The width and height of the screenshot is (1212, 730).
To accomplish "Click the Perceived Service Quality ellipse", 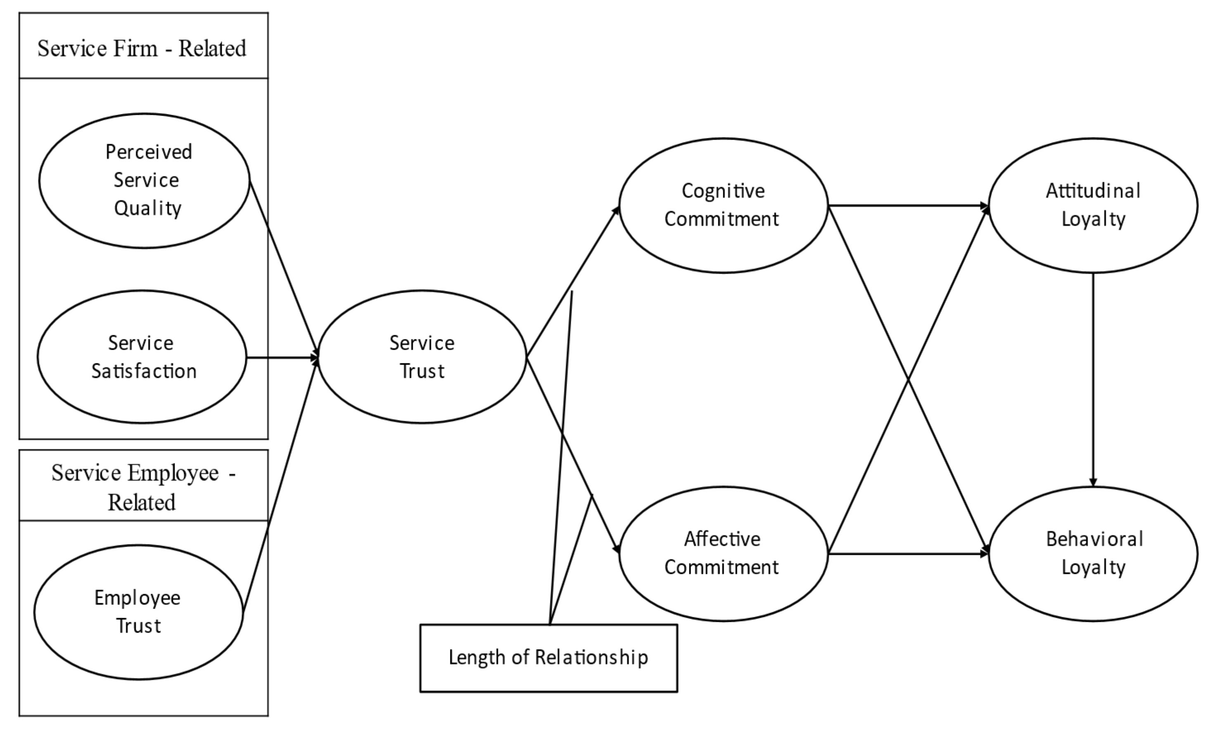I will (x=144, y=180).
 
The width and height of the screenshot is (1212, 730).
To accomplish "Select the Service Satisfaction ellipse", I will (x=142, y=357).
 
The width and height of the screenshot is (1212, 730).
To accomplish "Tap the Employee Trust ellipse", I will (x=138, y=612).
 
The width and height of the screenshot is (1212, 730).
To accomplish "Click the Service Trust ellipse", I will (x=422, y=357).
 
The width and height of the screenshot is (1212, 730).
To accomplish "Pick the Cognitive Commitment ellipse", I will (x=723, y=205).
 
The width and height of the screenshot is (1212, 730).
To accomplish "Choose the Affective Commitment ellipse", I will (x=723, y=553).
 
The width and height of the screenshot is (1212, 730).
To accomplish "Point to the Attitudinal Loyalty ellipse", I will (x=1093, y=205).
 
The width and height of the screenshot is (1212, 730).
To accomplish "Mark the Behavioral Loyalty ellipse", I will (x=1093, y=553).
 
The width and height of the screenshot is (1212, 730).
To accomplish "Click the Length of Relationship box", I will (x=548, y=658).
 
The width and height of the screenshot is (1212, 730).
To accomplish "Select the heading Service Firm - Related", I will (x=142, y=48).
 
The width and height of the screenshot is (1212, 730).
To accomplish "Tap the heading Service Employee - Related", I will (x=142, y=487).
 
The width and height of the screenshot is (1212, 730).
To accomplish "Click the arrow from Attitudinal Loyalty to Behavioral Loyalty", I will (x=1093, y=379).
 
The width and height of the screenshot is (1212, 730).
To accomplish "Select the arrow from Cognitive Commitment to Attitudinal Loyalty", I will (x=907, y=206).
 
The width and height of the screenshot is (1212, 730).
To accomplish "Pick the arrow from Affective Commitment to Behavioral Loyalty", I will (x=907, y=554).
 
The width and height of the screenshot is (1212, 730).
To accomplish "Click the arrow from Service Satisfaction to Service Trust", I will (x=281, y=358).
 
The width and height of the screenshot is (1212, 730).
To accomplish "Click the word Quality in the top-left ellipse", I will (x=147, y=209).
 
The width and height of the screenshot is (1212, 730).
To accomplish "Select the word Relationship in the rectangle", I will (x=591, y=658).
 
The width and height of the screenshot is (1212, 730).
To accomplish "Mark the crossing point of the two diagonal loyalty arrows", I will (x=908, y=379).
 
